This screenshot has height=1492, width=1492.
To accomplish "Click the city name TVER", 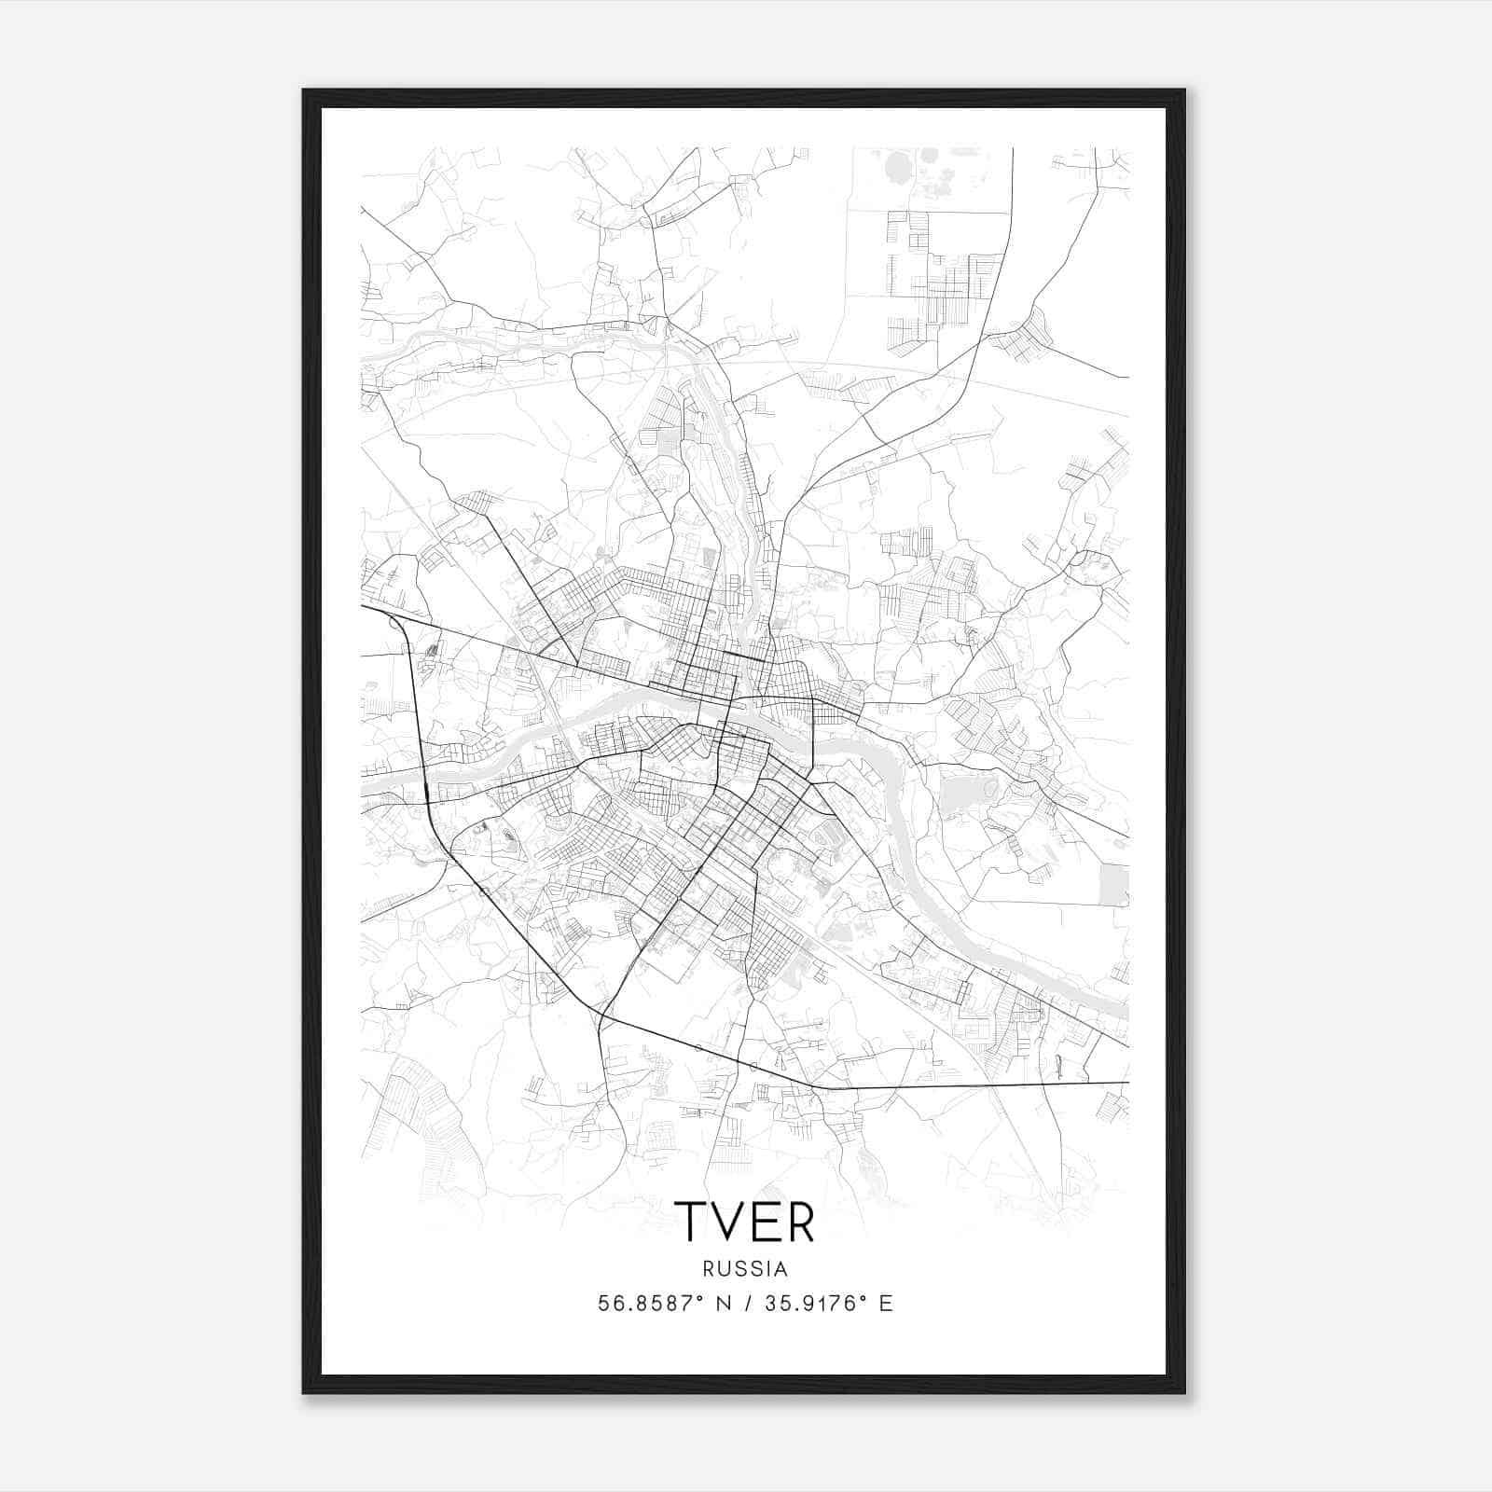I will pyautogui.click(x=744, y=1221).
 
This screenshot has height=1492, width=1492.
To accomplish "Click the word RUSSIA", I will pyautogui.click(x=745, y=1269).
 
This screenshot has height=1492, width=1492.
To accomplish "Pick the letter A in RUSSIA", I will pyautogui.click(x=781, y=1269).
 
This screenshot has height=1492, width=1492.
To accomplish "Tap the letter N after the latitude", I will pyautogui.click(x=724, y=1304).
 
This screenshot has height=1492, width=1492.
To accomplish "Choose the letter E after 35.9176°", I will pyautogui.click(x=886, y=1304).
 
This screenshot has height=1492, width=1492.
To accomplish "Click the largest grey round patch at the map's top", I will pyautogui.click(x=900, y=169).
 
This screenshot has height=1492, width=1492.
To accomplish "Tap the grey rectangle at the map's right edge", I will pyautogui.click(x=1114, y=885).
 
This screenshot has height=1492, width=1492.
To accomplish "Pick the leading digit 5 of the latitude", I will pyautogui.click(x=603, y=1304).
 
